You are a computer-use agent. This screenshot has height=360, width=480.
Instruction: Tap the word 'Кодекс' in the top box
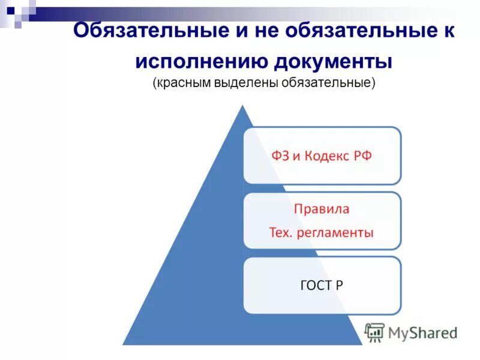[326, 156]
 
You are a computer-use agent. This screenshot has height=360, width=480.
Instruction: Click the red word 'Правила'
[321, 209]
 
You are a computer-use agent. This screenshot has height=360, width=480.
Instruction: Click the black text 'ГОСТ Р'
[321, 285]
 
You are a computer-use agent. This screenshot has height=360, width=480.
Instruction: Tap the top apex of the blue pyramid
[242, 107]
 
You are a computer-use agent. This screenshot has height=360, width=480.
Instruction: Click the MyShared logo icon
[374, 332]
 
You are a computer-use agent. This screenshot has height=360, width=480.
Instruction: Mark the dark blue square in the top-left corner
[10, 10]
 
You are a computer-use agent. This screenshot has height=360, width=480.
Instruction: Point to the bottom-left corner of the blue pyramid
[124, 343]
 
